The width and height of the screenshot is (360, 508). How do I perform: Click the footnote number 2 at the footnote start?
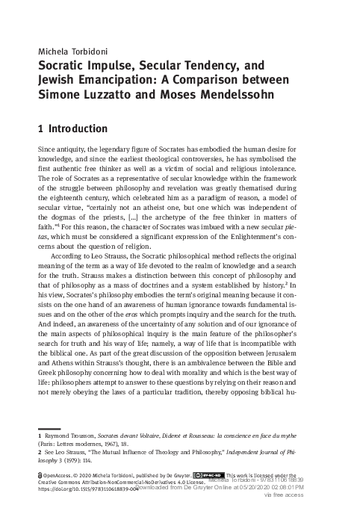point(39,452)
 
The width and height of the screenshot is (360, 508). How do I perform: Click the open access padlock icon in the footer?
point(40,475)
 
